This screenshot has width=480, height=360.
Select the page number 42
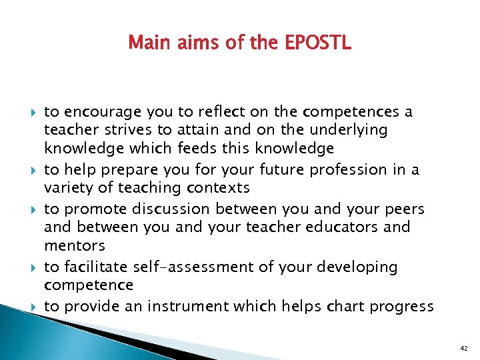pos(464,348)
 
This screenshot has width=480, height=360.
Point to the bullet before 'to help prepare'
pos(33,171)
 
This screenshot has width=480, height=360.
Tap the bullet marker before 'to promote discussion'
pos(33,209)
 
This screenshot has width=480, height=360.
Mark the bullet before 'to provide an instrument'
pos(33,307)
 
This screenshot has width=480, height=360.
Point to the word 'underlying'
pos(347,131)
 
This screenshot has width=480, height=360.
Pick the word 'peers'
pos(405,209)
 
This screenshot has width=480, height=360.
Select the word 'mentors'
pos(75,246)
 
